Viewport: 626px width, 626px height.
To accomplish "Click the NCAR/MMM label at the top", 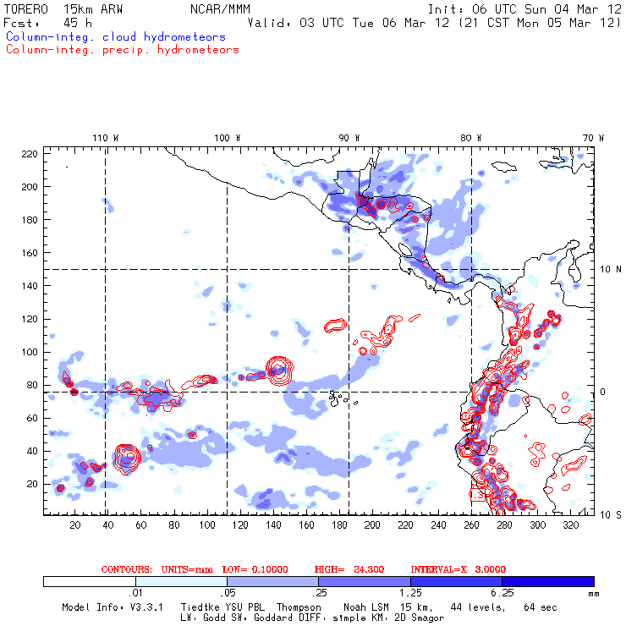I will pos(212,8).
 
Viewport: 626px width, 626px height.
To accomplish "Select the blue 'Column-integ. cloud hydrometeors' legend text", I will pos(115,37).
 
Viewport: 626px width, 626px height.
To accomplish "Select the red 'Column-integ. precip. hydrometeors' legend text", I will pos(122,50).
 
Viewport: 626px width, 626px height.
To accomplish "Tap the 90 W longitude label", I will pos(349,138).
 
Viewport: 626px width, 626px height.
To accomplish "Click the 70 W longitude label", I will pos(594,138).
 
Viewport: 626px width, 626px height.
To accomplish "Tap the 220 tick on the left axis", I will pos(30,153).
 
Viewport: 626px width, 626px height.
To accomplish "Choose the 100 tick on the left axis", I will pos(30,352).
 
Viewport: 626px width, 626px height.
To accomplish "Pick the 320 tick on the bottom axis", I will pos(571,525).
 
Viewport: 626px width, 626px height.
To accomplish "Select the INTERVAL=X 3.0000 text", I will pos(466,569).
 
